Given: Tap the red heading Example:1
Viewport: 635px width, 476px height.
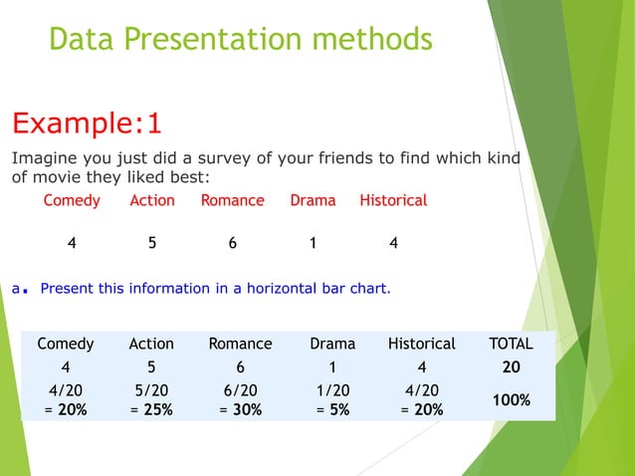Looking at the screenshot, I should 86,124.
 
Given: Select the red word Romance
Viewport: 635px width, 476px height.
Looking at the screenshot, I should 232,200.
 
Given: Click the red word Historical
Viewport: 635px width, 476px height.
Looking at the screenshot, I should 393,200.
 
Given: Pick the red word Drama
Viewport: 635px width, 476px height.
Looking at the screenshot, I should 313,200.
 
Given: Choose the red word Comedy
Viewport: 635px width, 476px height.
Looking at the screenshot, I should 72,200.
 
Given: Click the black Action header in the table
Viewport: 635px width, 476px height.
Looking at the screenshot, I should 151,344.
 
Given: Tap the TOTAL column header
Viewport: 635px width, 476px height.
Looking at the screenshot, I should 511,344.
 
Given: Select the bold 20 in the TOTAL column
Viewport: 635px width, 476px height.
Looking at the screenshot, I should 511,366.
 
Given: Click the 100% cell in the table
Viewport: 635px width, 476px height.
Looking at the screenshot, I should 511,399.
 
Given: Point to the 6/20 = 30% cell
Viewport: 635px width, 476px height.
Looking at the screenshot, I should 240,399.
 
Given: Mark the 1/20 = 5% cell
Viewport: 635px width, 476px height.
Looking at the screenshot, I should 332,399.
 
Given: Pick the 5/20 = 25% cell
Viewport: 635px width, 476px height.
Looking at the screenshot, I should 151,399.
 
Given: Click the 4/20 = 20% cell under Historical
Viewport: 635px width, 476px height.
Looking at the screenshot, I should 422,399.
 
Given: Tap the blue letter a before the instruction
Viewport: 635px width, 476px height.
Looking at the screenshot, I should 17,289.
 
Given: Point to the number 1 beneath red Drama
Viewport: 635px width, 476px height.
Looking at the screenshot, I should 313,242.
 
